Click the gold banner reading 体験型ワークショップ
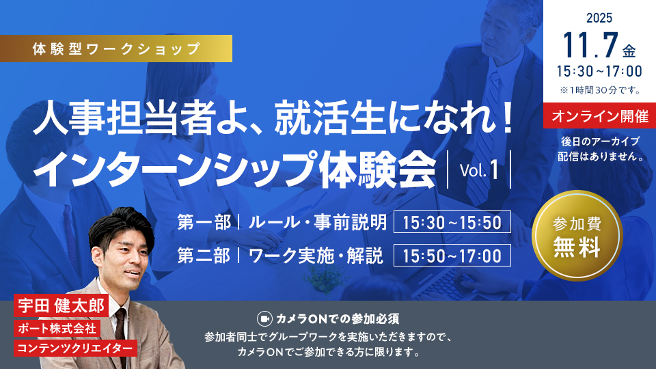[x=116, y=49]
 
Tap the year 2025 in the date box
[x=599, y=18]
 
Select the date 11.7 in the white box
[x=590, y=45]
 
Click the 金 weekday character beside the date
[x=629, y=51]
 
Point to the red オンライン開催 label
[x=599, y=115]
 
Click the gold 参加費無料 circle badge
[x=577, y=236]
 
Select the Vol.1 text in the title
[x=479, y=170]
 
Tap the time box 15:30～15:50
[x=452, y=221]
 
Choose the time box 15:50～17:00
[x=452, y=255]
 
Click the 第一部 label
[x=204, y=221]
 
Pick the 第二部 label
[x=204, y=255]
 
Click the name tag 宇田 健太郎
[x=61, y=305]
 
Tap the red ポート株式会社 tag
[x=57, y=328]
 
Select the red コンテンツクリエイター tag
[x=75, y=348]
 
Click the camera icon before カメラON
[x=264, y=319]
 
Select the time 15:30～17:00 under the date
[x=599, y=71]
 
